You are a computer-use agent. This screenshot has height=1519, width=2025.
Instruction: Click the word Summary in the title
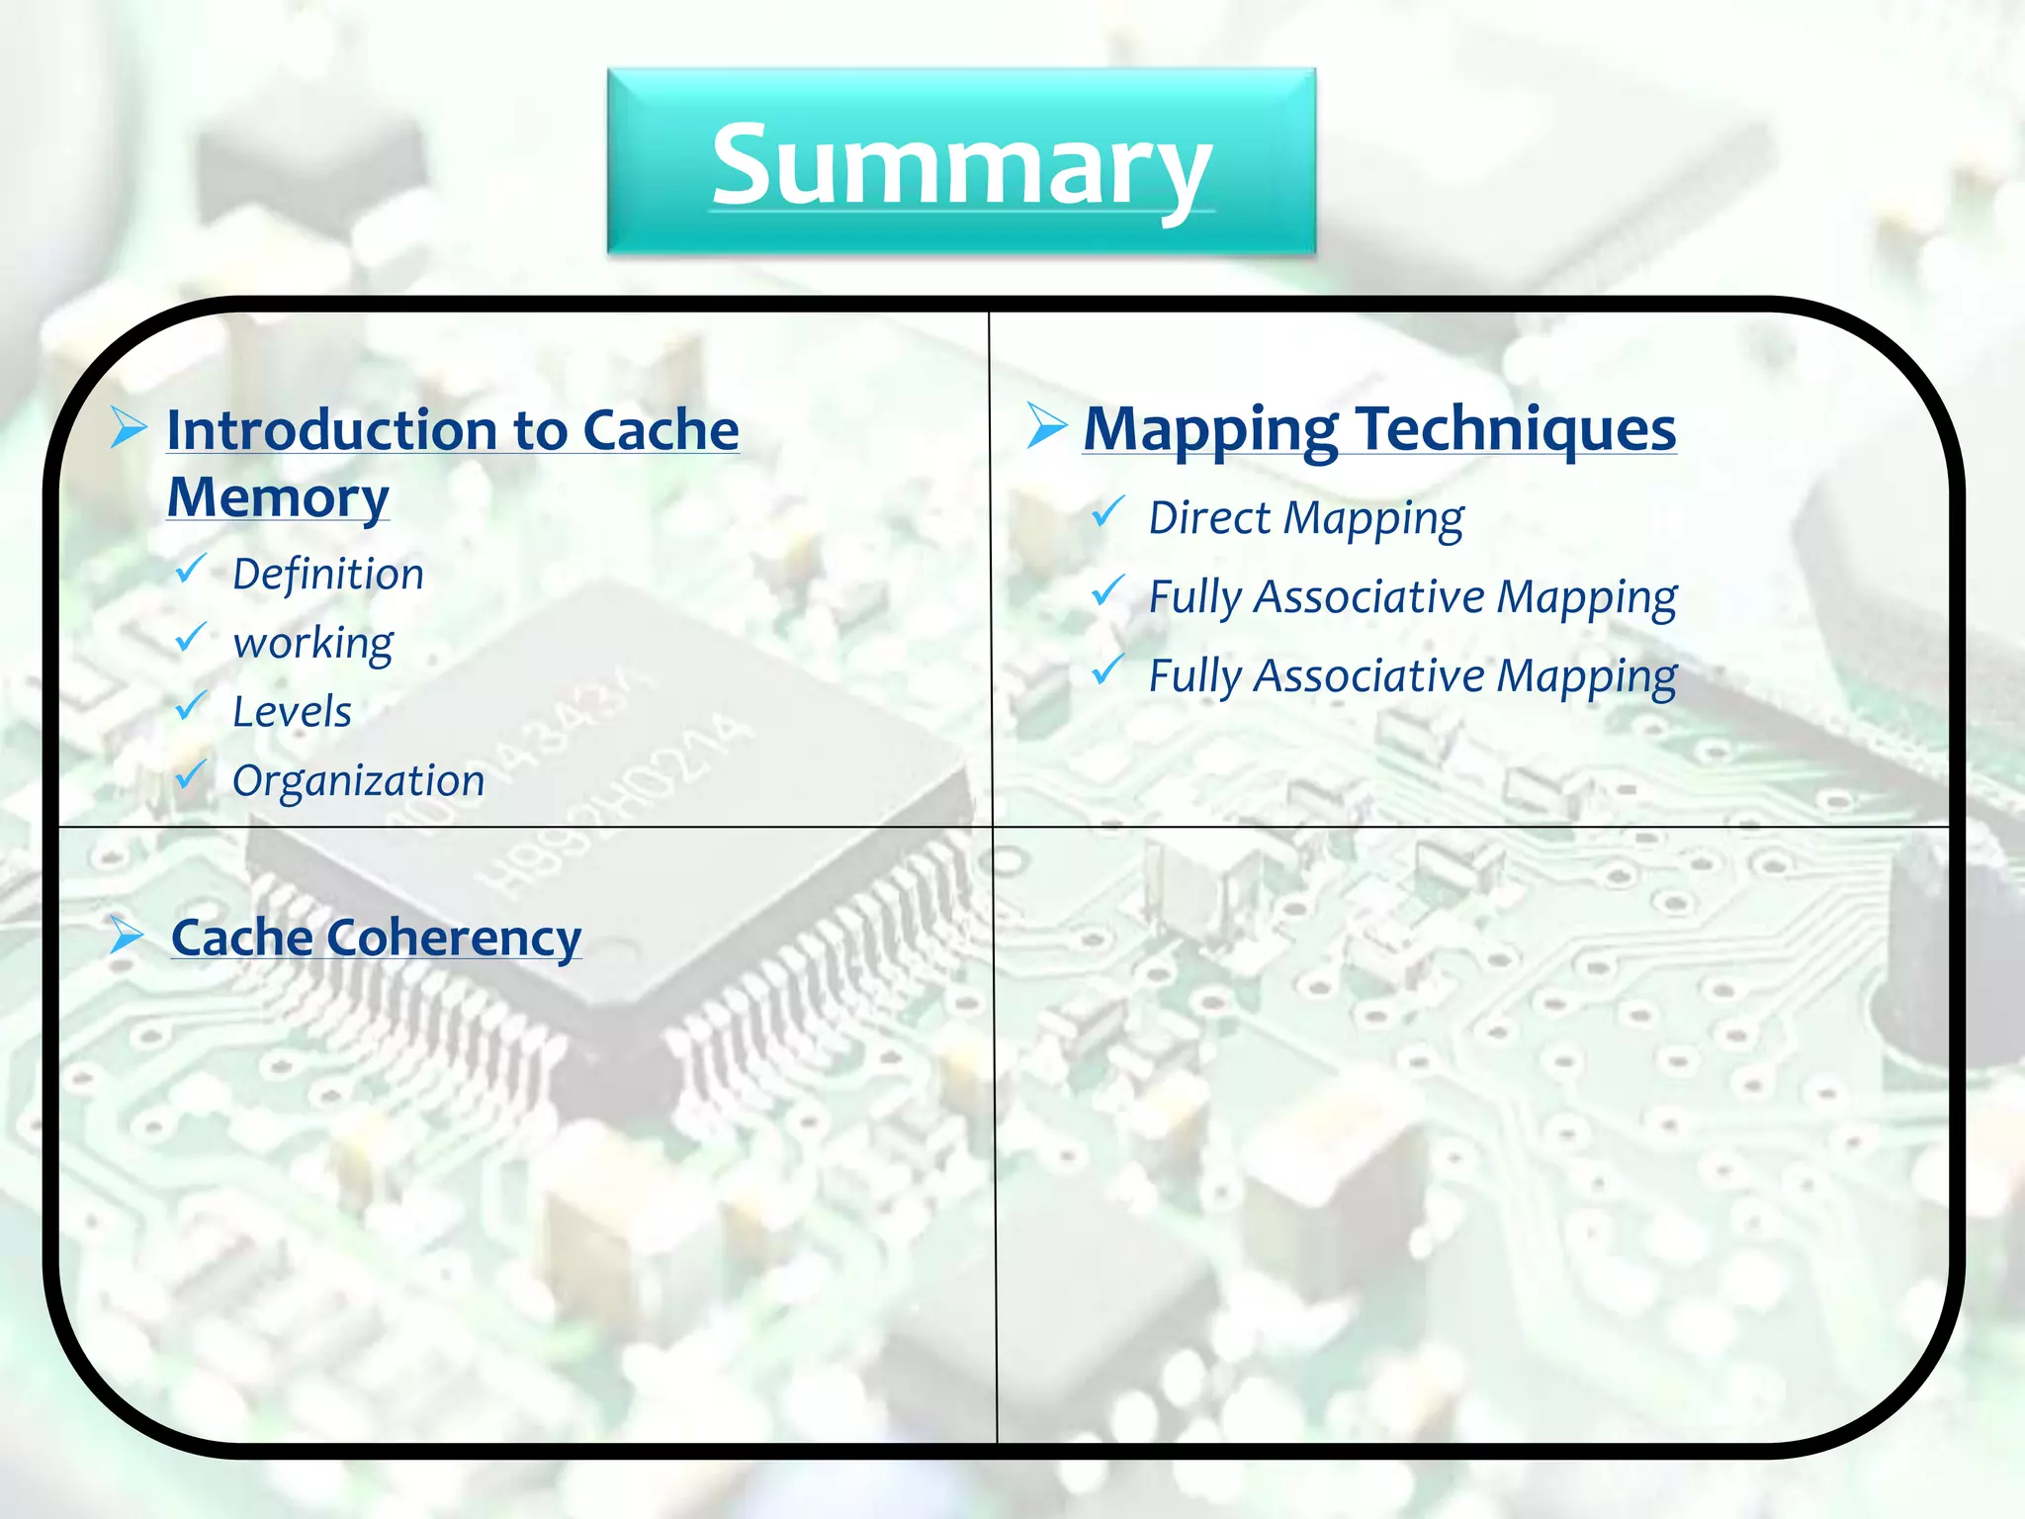click(x=961, y=164)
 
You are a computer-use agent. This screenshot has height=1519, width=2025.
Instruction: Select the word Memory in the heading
click(x=278, y=496)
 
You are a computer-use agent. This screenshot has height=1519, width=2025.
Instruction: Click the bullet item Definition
click(x=328, y=574)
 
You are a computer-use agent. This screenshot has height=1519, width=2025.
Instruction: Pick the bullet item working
click(x=312, y=644)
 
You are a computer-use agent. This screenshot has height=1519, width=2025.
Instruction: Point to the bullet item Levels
click(x=292, y=712)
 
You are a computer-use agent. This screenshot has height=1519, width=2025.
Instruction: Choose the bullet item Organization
click(x=358, y=781)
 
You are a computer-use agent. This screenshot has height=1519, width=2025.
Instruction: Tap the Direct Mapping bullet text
click(x=1305, y=518)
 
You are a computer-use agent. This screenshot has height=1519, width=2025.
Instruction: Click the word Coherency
click(x=454, y=938)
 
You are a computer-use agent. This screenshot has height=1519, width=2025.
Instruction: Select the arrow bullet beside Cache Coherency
click(x=128, y=935)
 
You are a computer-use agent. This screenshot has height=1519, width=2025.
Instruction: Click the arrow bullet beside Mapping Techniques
click(x=1046, y=425)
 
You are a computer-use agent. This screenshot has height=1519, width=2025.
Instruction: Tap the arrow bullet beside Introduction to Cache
click(x=129, y=427)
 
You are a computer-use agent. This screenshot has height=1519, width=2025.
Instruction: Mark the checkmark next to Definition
click(x=191, y=569)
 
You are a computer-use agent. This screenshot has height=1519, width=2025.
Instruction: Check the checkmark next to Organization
click(x=191, y=775)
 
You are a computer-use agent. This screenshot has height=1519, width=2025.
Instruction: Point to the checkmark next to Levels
click(x=191, y=706)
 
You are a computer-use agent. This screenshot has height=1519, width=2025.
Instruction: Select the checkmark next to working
click(x=191, y=638)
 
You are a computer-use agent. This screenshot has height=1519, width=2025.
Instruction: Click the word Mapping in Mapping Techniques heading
click(x=1210, y=429)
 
